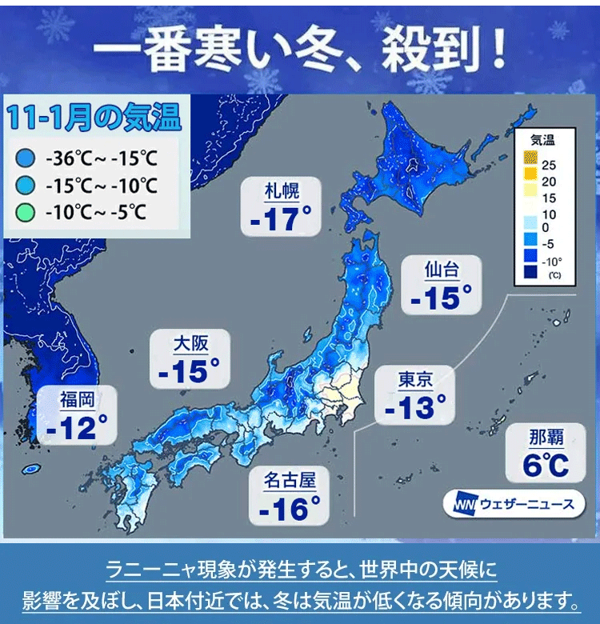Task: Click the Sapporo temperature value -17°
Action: [280, 218]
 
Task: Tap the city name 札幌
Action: [281, 191]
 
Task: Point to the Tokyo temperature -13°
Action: [415, 407]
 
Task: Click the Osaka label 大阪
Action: [190, 344]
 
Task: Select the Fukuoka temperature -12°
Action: [77, 427]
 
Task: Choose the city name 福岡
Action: [77, 399]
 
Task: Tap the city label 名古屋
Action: [290, 480]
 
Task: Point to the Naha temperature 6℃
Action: [546, 464]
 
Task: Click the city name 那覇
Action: [546, 437]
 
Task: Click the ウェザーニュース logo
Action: [513, 505]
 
